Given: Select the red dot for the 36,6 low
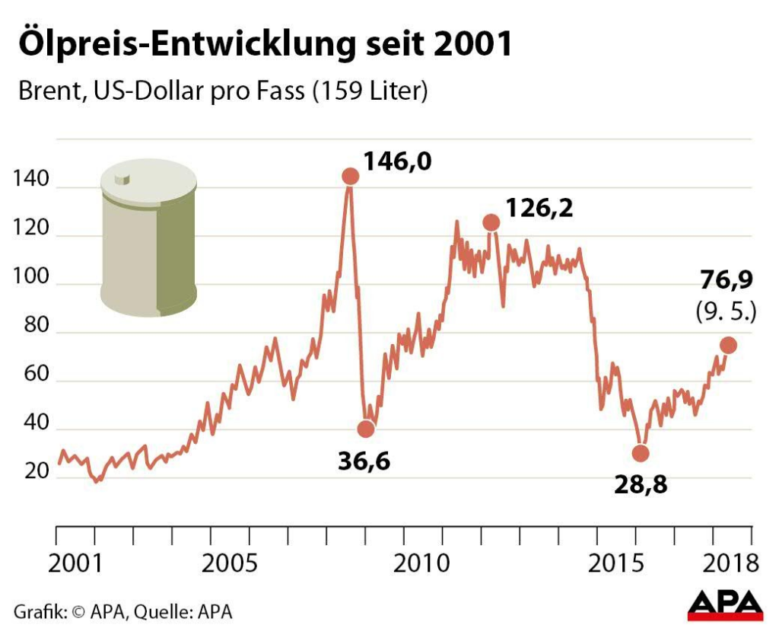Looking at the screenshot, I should (x=366, y=429).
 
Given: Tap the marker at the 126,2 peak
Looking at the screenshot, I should (x=491, y=222).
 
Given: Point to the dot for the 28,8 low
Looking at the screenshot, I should (x=641, y=453).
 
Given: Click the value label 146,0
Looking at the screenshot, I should (x=397, y=161).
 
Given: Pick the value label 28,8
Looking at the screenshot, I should (x=641, y=484).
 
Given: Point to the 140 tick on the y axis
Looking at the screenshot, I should (x=30, y=181).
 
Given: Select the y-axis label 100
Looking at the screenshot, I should (x=30, y=279).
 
